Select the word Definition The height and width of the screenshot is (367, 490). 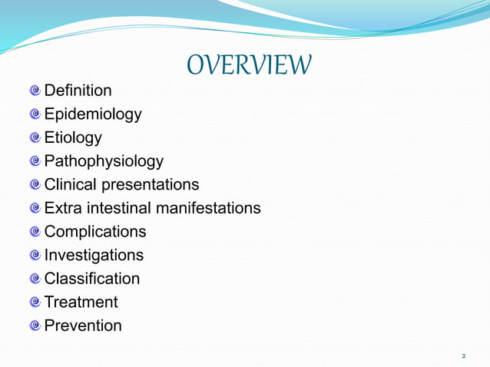tap(78, 91)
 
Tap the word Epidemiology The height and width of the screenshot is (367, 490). tap(93, 114)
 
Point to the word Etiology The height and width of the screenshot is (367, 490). tap(73, 138)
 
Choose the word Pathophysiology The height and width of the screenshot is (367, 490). tap(104, 161)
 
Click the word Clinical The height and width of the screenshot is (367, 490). tap(69, 185)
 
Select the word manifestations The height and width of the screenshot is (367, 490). tap(208, 208)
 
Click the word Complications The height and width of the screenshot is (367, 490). tap(94, 232)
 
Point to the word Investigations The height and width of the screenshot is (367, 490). tap(94, 255)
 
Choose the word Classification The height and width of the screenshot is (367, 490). tap(92, 279)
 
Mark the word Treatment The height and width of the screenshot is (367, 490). tap(81, 302)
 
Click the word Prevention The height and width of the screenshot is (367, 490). tap(83, 326)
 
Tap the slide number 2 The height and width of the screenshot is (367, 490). tap(463, 356)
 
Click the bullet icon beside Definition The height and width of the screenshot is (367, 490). tap(35, 91)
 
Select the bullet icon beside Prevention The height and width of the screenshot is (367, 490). tap(35, 326)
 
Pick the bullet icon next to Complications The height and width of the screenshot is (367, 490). tap(35, 232)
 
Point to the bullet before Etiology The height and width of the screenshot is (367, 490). tap(35, 138)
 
